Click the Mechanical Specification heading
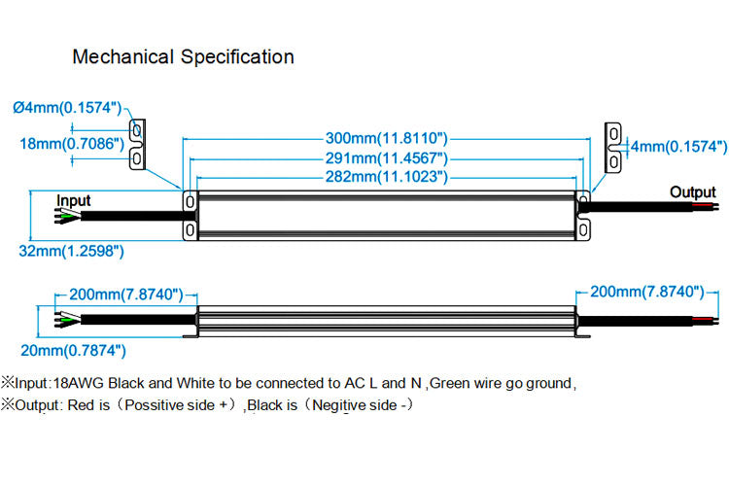point(183,56)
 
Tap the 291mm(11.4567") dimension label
point(386,158)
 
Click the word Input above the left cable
point(73,200)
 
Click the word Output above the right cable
point(692,192)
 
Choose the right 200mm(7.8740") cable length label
point(646,292)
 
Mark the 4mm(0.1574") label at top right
point(678,146)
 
